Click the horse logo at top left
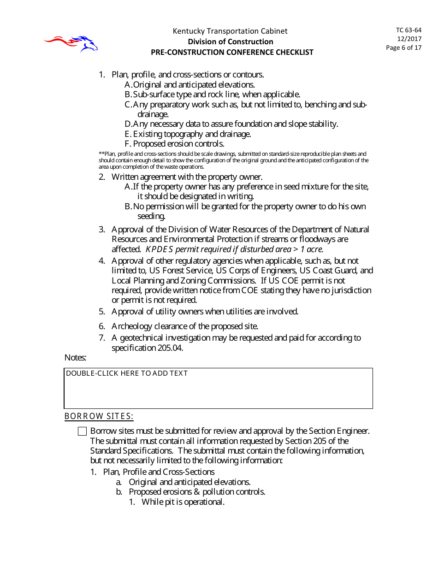pyautogui.click(x=71, y=43)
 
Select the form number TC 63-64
pyautogui.click(x=408, y=30)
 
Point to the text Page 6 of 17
pyautogui.click(x=403, y=47)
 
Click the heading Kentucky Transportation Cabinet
pyautogui.click(x=230, y=31)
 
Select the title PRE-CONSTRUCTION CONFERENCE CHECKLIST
pyautogui.click(x=232, y=52)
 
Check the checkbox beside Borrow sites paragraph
pyautogui.click(x=83, y=431)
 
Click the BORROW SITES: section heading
pyautogui.click(x=99, y=417)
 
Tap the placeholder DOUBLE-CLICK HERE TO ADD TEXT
pyautogui.click(x=127, y=373)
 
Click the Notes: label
pyautogui.click(x=76, y=357)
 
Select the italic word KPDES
pyautogui.click(x=159, y=249)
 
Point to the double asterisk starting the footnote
pyautogui.click(x=101, y=154)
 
